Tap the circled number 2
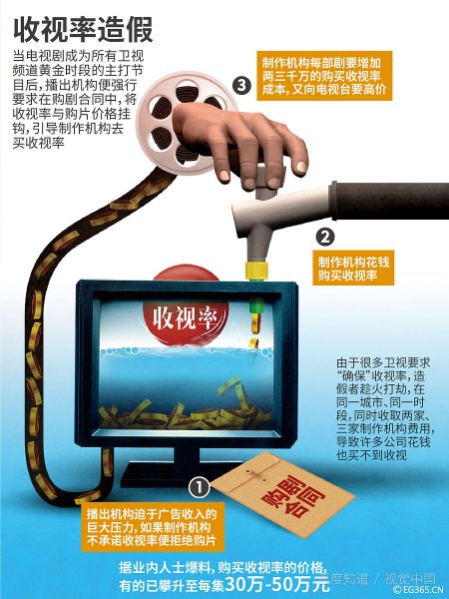(323, 237)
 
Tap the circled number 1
(199, 487)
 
